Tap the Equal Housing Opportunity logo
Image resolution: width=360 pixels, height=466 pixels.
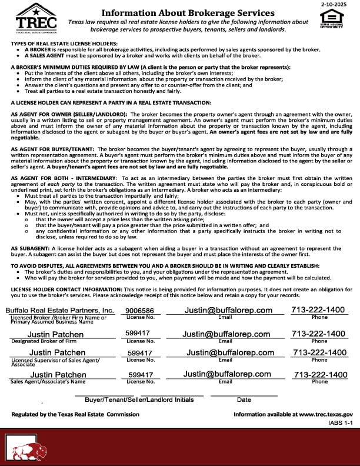tap(331, 19)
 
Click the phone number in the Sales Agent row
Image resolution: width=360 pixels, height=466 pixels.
tap(321, 375)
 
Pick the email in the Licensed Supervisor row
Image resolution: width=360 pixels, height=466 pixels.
tap(230, 353)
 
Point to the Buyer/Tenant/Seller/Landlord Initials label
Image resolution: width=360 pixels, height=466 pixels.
tap(139, 400)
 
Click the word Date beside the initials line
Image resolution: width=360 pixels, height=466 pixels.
tap(244, 400)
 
